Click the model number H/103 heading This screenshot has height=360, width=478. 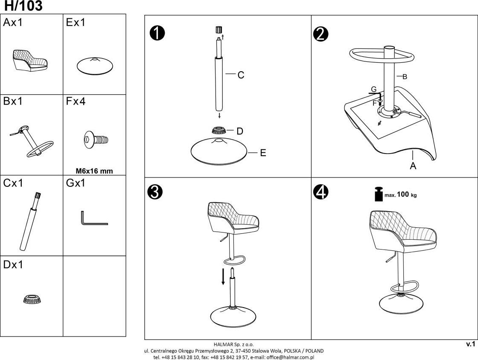coord(23,6)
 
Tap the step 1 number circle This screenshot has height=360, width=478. coord(157,33)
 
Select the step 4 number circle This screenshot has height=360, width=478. coord(321,193)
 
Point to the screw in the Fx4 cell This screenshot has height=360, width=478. coord(96,139)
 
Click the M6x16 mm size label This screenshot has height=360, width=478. coord(94,171)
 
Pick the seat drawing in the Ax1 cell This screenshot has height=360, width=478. coord(30,59)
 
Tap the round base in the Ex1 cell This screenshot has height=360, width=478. coord(95,66)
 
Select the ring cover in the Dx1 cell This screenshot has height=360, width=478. coord(32,299)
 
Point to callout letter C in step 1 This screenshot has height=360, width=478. coord(241,75)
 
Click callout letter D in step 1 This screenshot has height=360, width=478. coord(240,131)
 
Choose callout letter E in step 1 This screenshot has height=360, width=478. coord(263,153)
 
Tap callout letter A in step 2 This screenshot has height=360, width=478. coord(413,166)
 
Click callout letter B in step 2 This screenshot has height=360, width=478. coord(405,77)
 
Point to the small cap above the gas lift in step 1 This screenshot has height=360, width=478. coord(219,30)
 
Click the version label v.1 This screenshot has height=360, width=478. coord(470,344)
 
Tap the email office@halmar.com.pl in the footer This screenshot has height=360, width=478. coord(290,357)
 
